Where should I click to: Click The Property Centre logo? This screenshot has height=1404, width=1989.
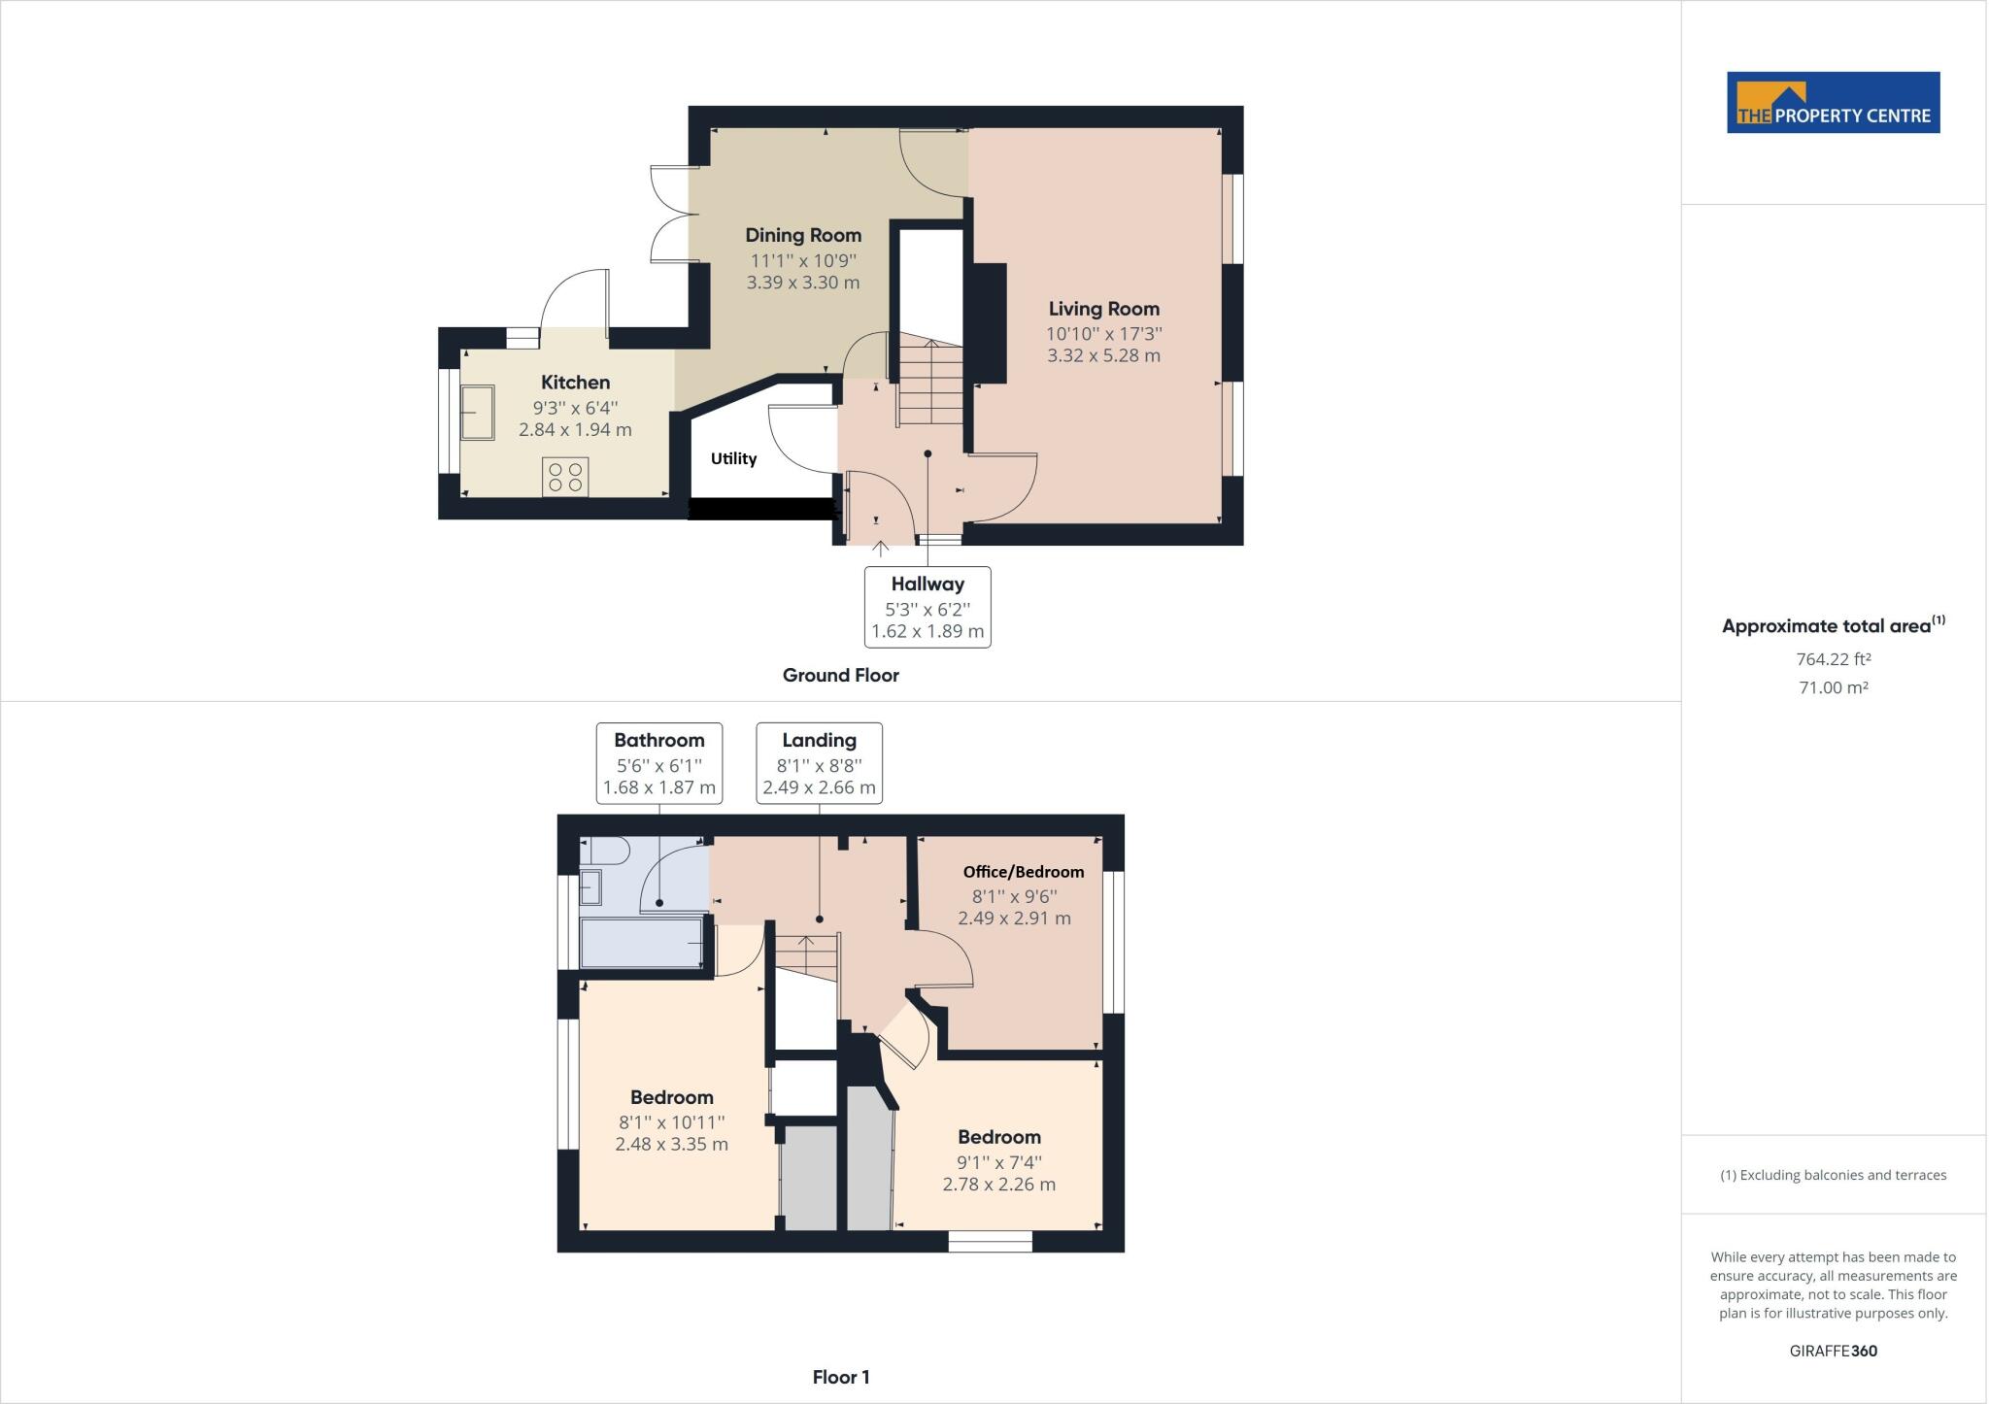point(1833,102)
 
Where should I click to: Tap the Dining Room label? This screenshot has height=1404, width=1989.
point(803,235)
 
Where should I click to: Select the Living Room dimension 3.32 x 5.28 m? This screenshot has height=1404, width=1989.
point(1103,355)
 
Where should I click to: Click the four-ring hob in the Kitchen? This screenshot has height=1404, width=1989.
point(565,476)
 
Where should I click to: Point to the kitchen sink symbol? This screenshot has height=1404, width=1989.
point(477,413)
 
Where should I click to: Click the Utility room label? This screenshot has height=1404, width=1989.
point(733,458)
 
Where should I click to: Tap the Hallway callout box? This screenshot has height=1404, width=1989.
point(927,607)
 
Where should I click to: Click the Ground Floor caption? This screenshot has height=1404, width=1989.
point(840,675)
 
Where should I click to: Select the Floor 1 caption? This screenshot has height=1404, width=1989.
point(840,1377)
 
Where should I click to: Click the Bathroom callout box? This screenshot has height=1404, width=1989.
point(658,763)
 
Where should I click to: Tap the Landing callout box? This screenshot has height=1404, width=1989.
point(819,763)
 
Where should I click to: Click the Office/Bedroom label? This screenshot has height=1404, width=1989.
point(1023,872)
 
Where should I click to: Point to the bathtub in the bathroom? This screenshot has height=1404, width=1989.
point(641,944)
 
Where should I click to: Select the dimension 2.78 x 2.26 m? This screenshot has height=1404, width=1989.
point(998,1185)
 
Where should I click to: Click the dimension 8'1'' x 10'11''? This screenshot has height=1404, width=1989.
point(671,1122)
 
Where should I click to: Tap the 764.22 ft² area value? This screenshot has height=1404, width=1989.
point(1833,659)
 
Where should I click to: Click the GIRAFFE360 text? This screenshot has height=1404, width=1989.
point(1833,1351)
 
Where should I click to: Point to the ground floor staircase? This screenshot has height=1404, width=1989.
point(930,384)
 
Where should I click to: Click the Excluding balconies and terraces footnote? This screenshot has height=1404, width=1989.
point(1833,1175)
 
